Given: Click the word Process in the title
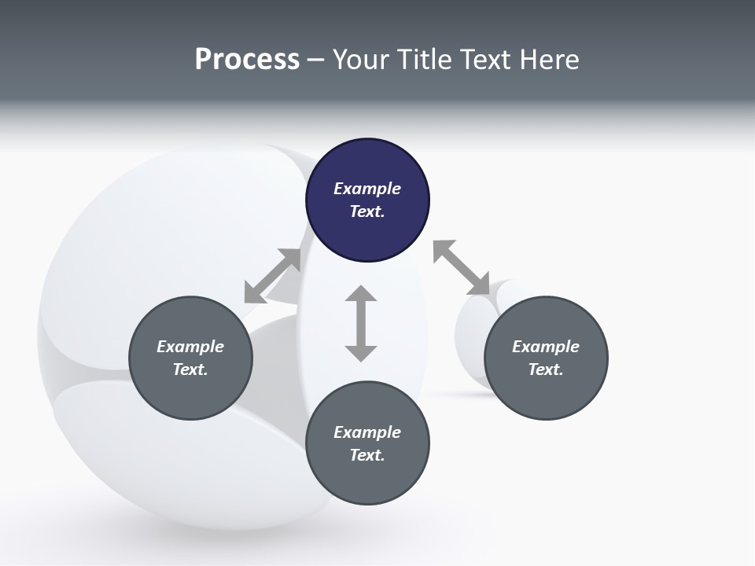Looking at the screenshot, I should [x=247, y=60].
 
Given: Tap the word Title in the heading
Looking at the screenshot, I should [x=423, y=60].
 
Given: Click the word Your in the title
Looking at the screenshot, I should [x=363, y=60].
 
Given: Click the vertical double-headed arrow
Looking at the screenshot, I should [x=361, y=323].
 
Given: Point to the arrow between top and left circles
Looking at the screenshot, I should [x=273, y=276].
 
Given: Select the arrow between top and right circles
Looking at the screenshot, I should [x=461, y=268].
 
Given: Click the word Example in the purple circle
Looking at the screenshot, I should [x=367, y=189].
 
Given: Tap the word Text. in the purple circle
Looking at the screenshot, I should [x=367, y=211].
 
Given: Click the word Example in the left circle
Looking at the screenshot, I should [x=190, y=347].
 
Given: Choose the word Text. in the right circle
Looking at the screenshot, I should [x=546, y=369].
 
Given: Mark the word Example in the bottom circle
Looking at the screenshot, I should [x=367, y=432].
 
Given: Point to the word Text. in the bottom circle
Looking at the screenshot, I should [x=367, y=455].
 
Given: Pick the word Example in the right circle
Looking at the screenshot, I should [x=546, y=347].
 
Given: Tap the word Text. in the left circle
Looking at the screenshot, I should [x=190, y=369].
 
